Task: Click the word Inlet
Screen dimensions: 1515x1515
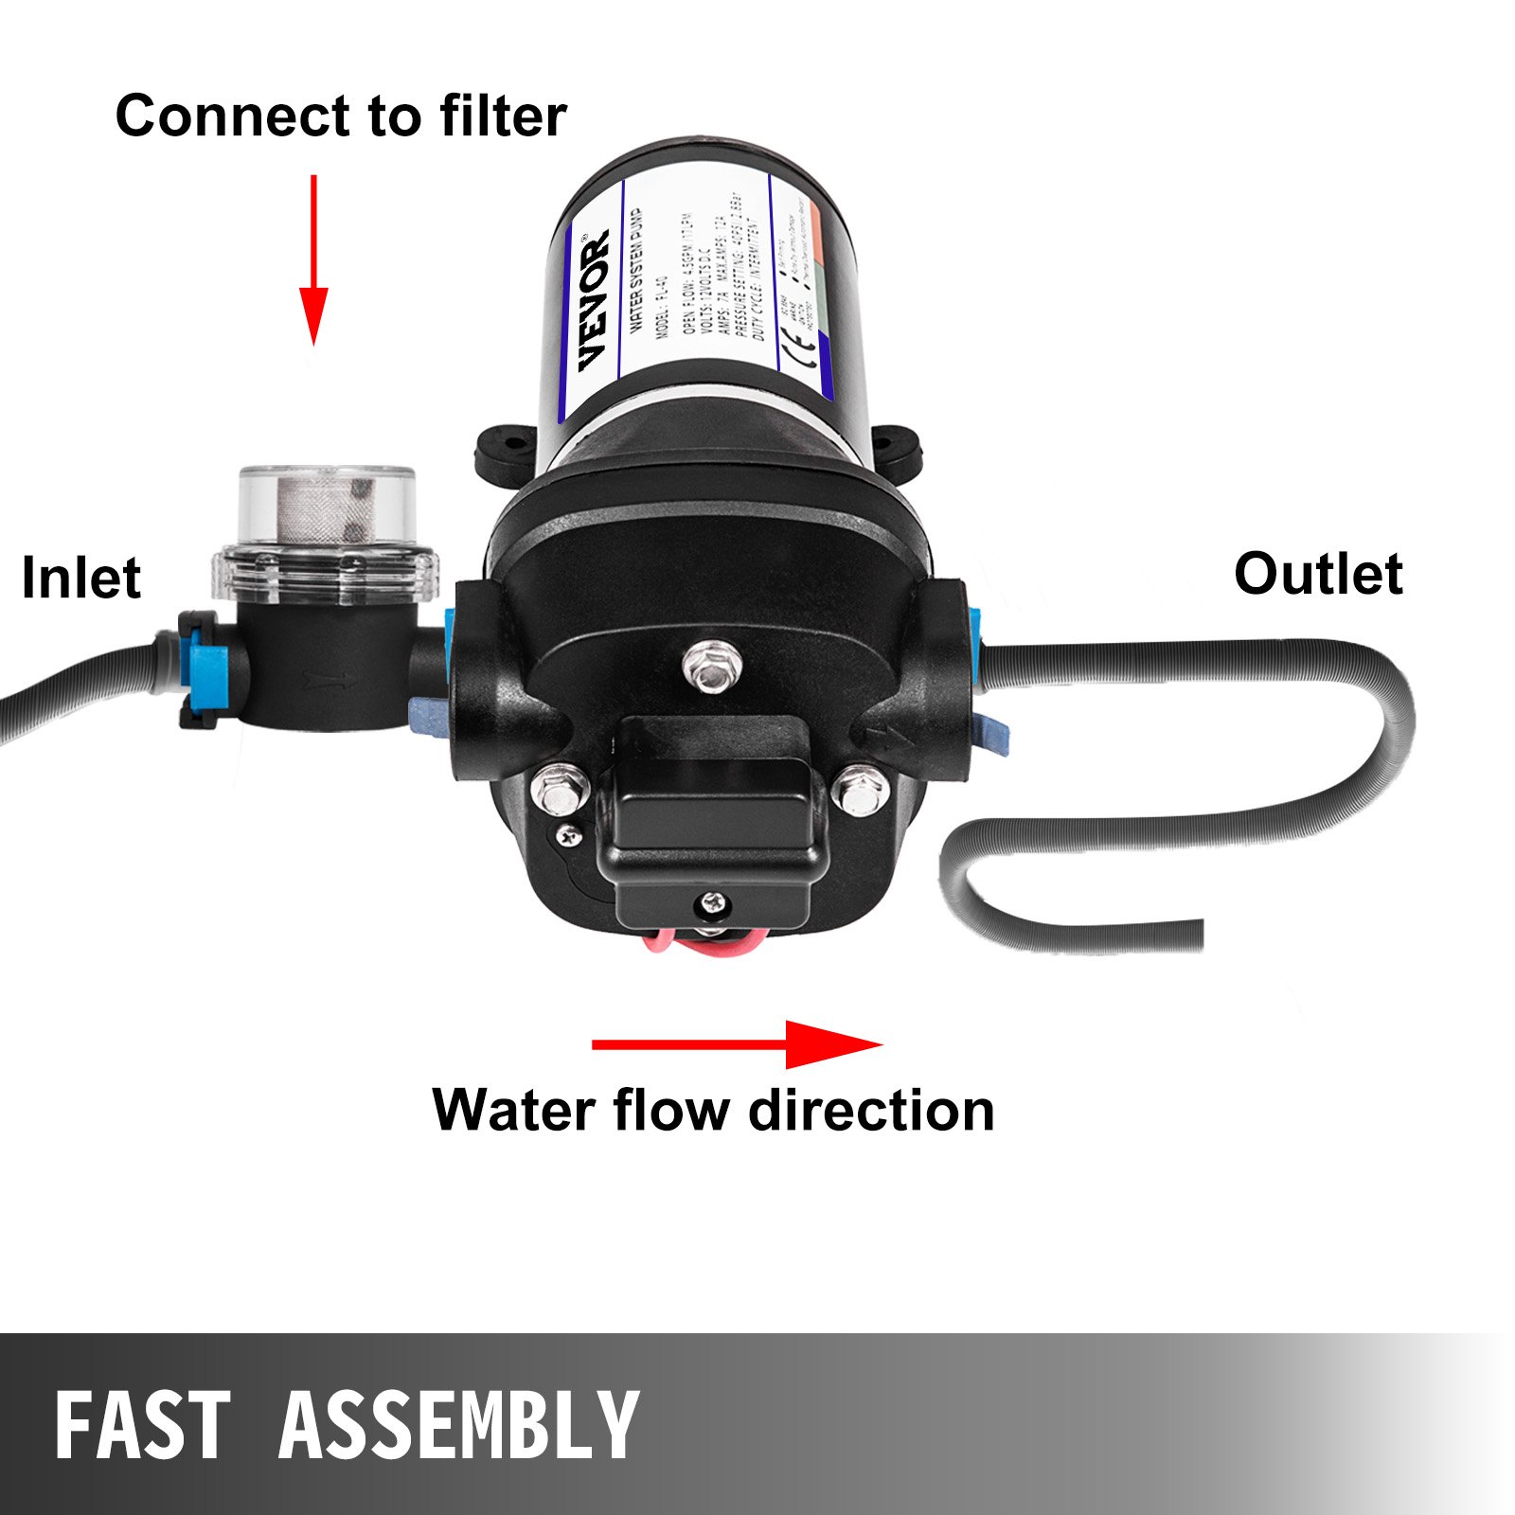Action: pos(80,579)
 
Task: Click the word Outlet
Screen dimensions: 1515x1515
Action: pos(1317,574)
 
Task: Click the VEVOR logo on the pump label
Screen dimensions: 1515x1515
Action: pos(594,300)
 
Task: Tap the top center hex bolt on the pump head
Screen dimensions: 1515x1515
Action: pos(709,663)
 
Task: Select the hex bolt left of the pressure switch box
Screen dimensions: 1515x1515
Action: pos(560,789)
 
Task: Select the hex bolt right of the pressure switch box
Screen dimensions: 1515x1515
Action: pos(860,791)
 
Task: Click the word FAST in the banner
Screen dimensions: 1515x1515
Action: pos(142,1425)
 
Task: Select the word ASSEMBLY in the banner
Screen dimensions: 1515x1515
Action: pos(459,1425)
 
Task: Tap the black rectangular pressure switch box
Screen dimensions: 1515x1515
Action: pos(710,814)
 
